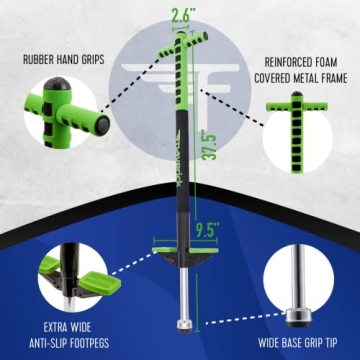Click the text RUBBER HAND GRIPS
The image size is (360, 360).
pos(61,57)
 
